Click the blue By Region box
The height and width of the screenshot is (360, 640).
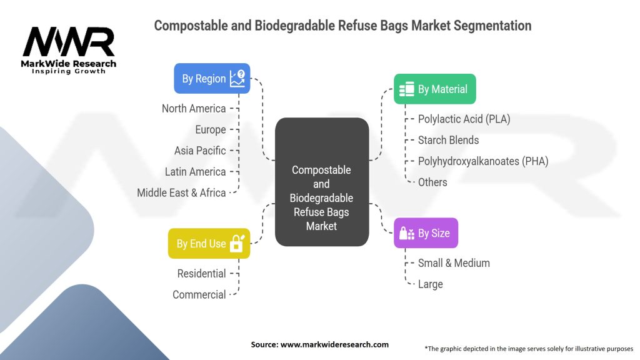click(x=212, y=79)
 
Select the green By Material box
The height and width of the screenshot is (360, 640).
click(x=435, y=89)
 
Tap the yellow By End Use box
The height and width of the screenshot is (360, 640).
click(x=209, y=243)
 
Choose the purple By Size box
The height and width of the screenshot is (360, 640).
click(x=426, y=233)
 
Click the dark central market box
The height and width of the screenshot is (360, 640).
click(x=322, y=181)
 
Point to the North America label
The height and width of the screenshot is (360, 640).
click(x=194, y=109)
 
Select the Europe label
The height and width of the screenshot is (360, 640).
click(x=210, y=130)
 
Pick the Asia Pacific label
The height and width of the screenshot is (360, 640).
click(x=200, y=151)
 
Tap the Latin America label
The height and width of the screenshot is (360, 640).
click(x=195, y=172)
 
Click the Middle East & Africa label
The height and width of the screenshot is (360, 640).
click(x=181, y=193)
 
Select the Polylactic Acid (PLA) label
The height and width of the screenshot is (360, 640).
click(x=464, y=119)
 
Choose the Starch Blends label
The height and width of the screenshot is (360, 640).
click(x=449, y=140)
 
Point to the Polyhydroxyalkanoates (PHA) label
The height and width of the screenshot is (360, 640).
click(x=483, y=161)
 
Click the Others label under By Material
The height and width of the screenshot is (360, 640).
click(x=432, y=182)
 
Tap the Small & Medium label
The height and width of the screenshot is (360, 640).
click(x=454, y=263)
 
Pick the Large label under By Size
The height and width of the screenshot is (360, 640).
click(x=430, y=284)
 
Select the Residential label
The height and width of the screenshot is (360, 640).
click(x=201, y=274)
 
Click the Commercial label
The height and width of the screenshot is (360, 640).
click(x=199, y=295)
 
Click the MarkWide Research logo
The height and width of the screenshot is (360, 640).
click(x=69, y=50)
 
